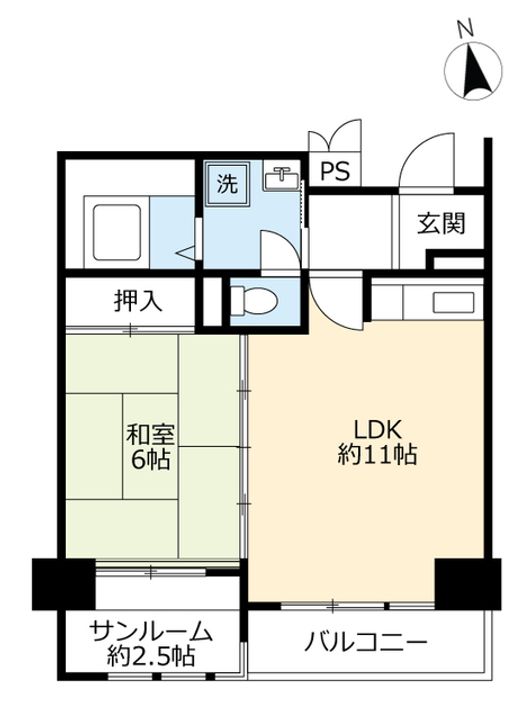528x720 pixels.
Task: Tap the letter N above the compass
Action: [466, 29]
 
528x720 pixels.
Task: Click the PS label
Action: [335, 171]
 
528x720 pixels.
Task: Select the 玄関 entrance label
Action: [441, 224]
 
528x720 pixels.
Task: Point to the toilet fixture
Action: [253, 301]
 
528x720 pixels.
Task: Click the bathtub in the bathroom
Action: [116, 232]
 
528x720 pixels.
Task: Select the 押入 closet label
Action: [138, 301]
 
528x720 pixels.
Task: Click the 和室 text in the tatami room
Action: [151, 434]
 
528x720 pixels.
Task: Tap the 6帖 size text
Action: [151, 459]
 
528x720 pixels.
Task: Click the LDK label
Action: [377, 430]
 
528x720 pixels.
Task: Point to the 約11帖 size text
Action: [377, 455]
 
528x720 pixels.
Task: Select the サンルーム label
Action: [152, 632]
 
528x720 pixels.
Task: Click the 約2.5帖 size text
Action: [151, 657]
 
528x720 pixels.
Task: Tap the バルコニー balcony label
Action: [366, 642]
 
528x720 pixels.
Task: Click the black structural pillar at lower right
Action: [467, 584]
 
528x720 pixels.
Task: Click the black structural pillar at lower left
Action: [63, 584]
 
